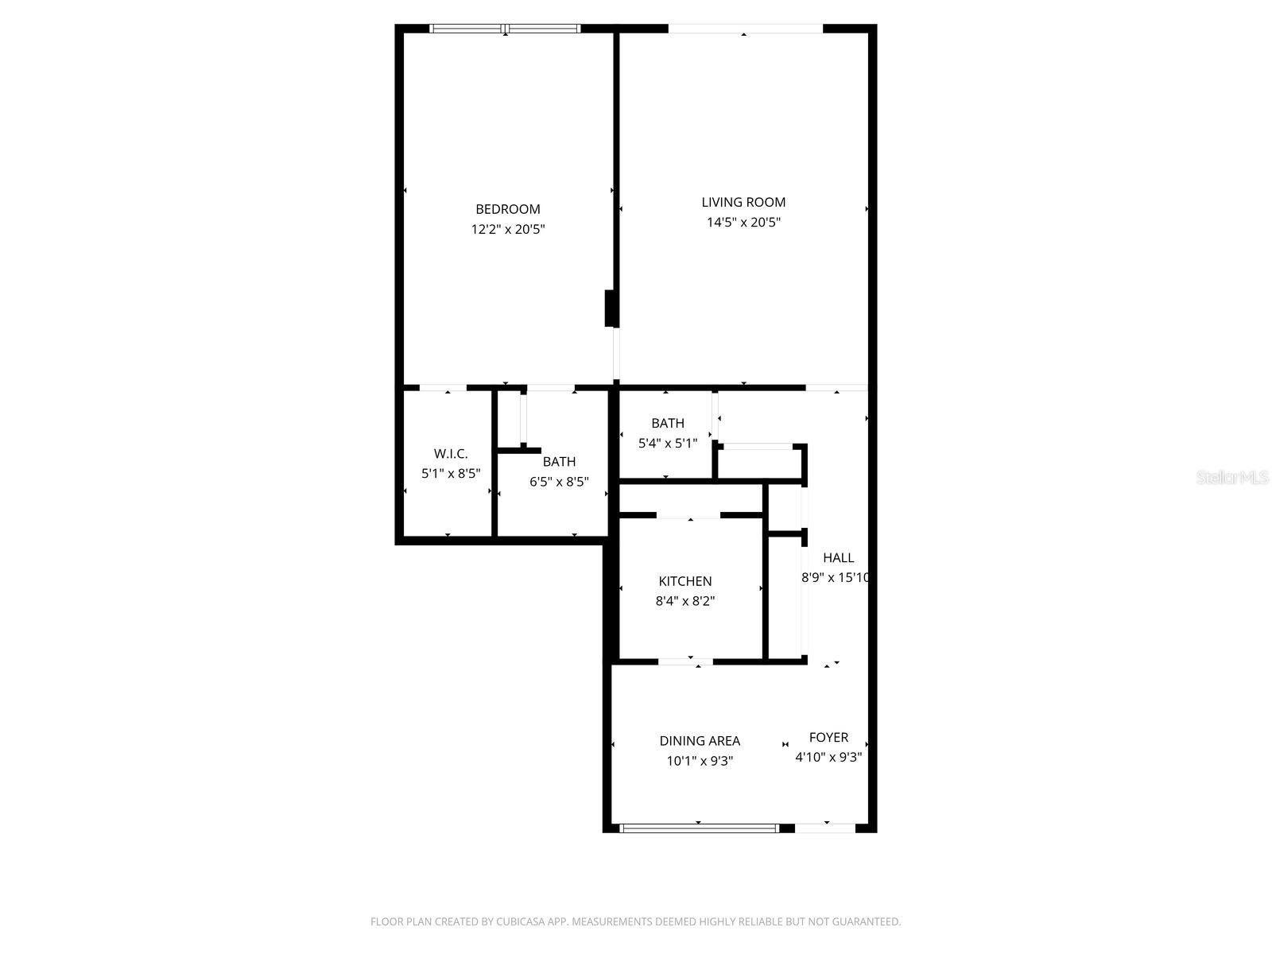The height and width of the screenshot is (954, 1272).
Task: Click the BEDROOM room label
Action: coord(507,209)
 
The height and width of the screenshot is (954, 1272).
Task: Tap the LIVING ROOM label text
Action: coord(743,202)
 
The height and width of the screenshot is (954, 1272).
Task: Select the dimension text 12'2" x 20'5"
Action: coord(507,230)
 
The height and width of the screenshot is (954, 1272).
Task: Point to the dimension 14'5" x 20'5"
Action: coord(743,223)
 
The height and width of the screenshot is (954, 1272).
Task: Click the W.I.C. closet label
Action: coord(451,454)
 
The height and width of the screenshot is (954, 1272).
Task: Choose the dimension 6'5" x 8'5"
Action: coord(559,482)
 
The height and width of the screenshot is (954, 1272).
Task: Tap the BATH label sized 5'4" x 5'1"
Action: coord(667,423)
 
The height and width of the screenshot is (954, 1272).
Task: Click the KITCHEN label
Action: coord(684,581)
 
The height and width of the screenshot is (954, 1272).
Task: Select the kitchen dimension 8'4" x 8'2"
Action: coord(684,602)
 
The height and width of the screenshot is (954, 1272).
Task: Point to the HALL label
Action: coord(838,558)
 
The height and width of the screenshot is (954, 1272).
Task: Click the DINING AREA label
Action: coord(700,741)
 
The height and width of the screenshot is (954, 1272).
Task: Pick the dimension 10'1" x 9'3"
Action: coord(700,762)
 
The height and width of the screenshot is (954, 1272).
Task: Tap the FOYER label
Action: coord(828,737)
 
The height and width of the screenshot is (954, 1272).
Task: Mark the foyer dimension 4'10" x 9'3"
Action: coord(828,758)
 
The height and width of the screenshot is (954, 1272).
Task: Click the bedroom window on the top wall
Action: coord(505,29)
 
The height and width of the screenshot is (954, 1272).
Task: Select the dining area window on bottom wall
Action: coord(698,828)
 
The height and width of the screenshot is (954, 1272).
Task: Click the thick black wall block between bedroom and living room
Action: coord(611,308)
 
